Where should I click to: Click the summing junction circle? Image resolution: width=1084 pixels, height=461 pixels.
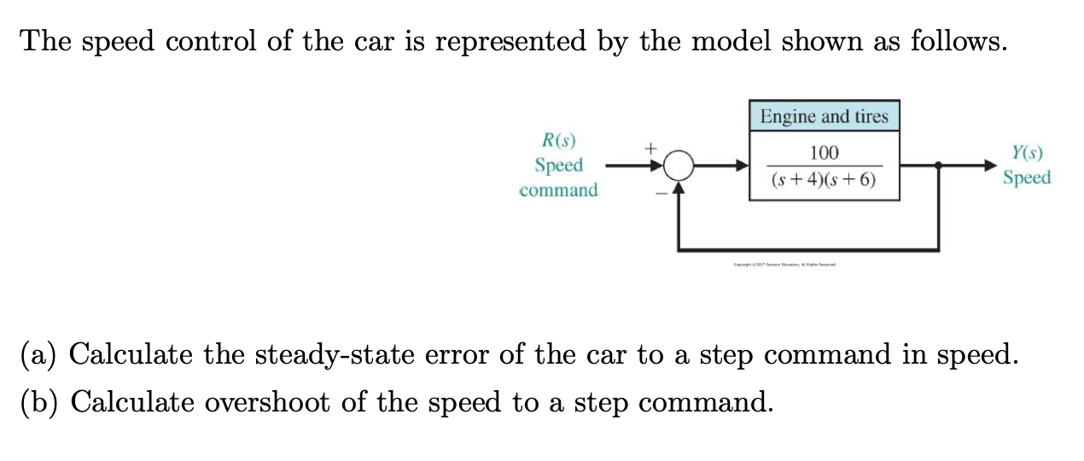(x=678, y=165)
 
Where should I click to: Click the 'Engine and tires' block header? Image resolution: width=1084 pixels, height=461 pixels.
(x=824, y=116)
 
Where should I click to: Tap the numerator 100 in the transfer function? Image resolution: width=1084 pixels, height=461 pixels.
(x=824, y=153)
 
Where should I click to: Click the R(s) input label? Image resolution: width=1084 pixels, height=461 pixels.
(x=559, y=139)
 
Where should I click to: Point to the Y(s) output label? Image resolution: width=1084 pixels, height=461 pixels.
(x=1027, y=154)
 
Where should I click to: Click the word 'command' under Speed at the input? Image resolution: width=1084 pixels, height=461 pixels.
(x=558, y=190)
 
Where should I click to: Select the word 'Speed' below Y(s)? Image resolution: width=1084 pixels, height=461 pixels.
(x=1027, y=178)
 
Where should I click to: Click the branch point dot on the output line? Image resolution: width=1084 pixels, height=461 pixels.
(x=939, y=165)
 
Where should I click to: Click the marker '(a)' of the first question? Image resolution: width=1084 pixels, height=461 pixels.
(x=38, y=353)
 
